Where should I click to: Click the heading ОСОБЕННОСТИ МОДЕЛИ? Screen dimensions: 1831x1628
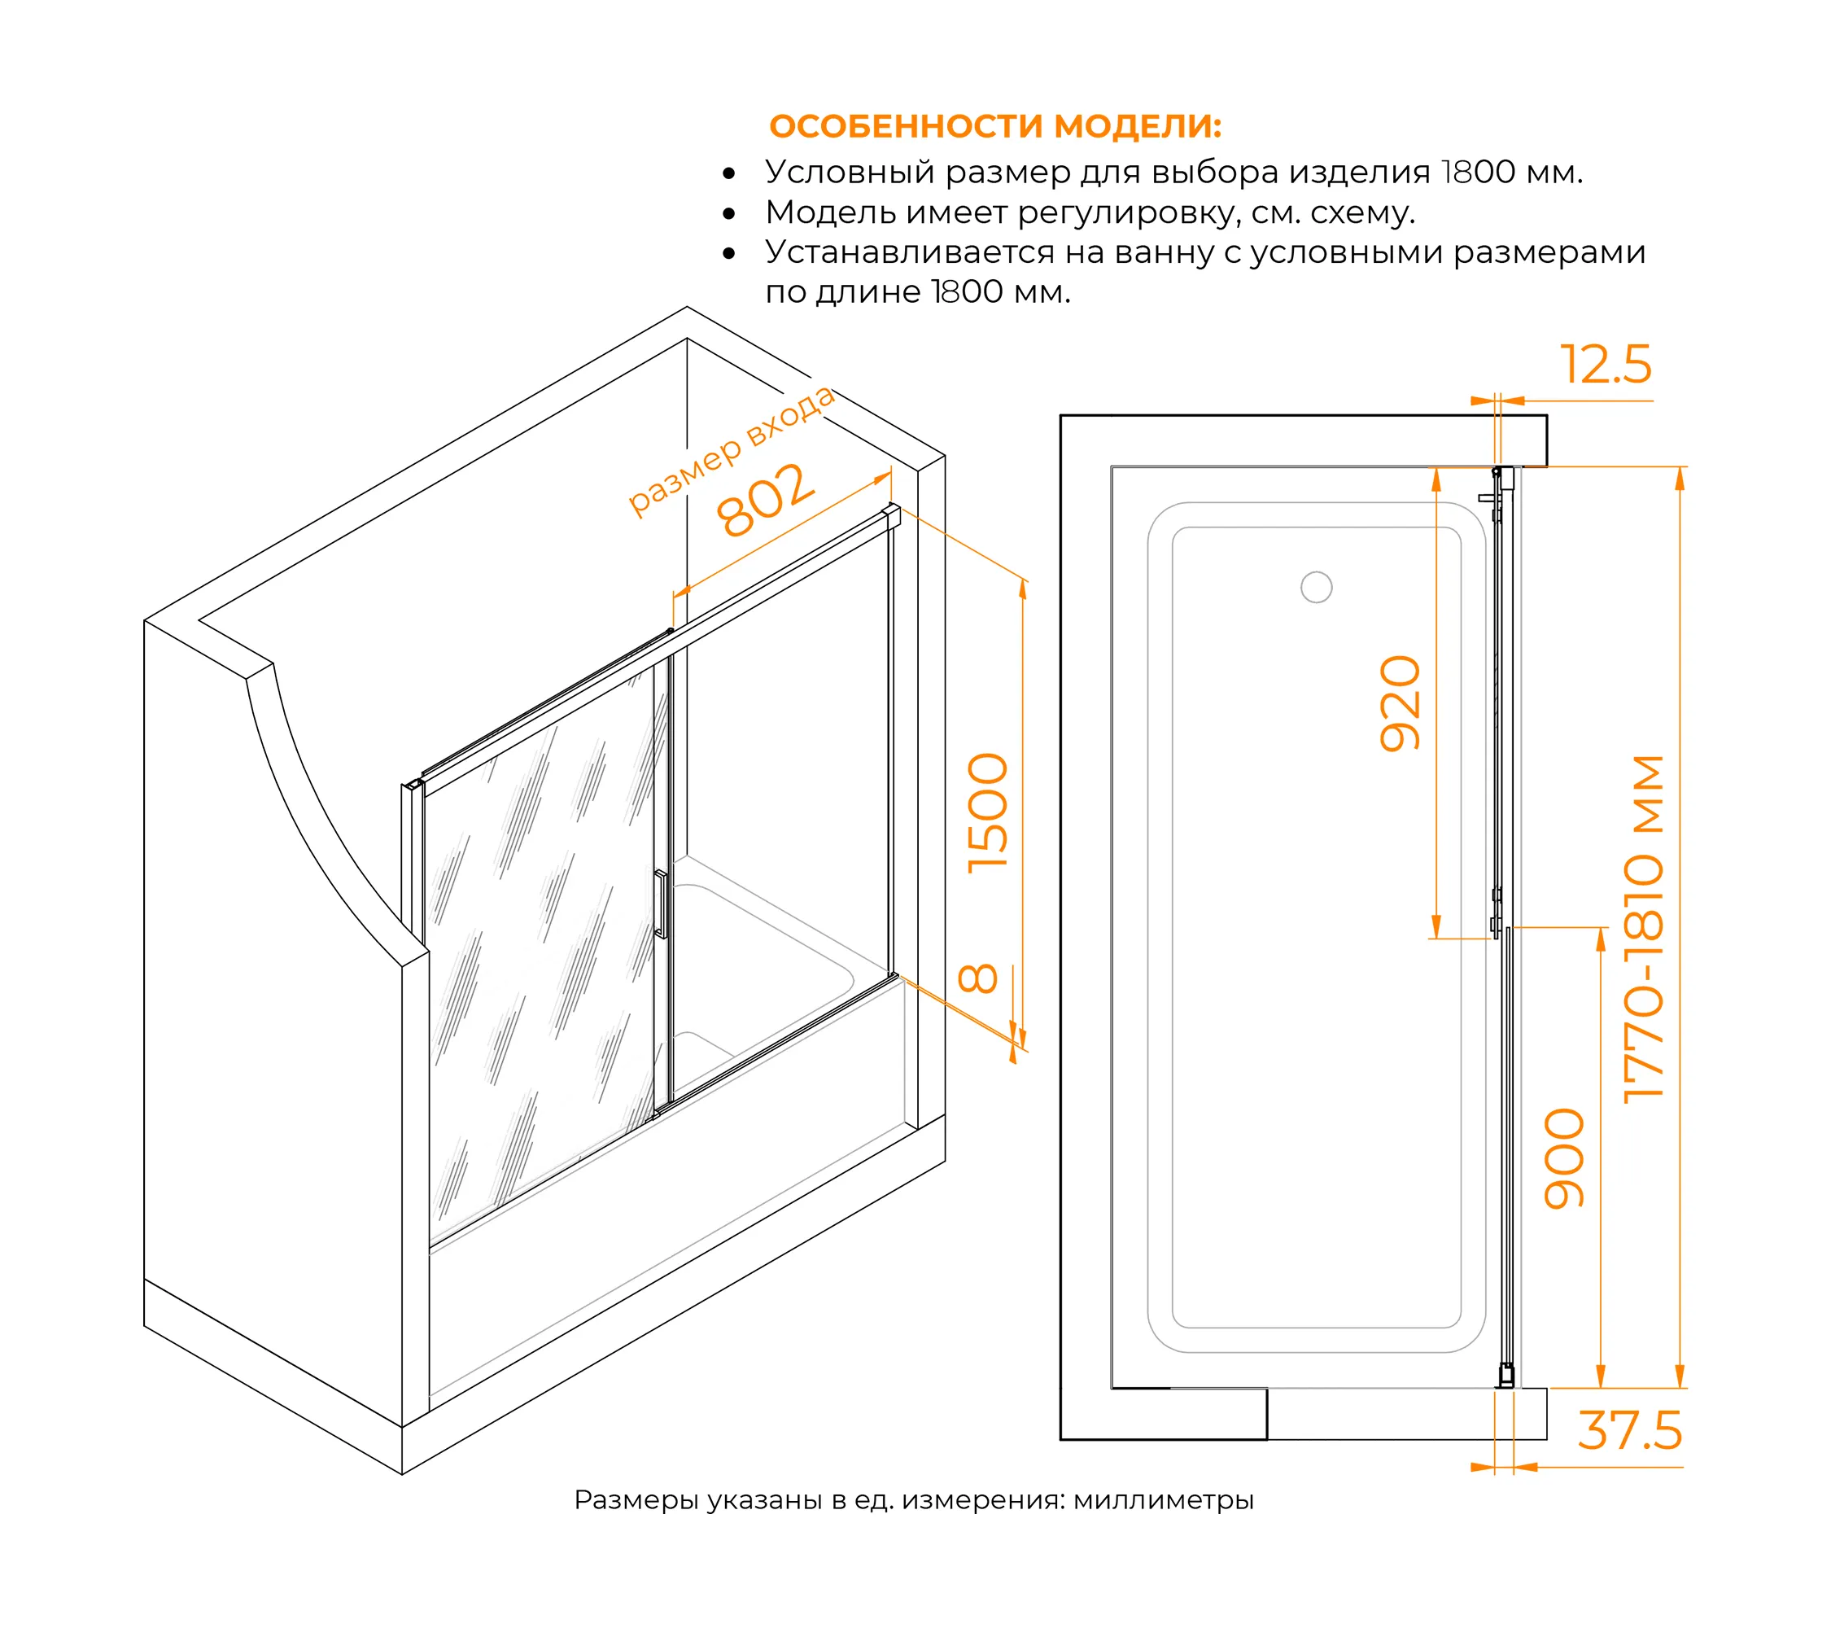995,126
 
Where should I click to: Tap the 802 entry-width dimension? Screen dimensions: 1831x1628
766,499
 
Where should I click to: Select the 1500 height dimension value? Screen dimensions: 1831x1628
988,812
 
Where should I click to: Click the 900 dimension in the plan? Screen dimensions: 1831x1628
1565,1158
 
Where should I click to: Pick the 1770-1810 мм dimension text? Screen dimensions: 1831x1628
1645,929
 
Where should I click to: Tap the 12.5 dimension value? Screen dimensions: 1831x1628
1606,365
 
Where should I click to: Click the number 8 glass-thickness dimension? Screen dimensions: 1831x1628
977,978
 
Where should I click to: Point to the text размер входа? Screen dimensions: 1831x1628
730,451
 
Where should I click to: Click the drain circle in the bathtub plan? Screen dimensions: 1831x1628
1316,587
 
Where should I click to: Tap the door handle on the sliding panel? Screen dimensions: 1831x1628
661,904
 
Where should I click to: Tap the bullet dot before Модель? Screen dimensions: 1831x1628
729,213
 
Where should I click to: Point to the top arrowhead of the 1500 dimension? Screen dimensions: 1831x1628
1023,587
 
